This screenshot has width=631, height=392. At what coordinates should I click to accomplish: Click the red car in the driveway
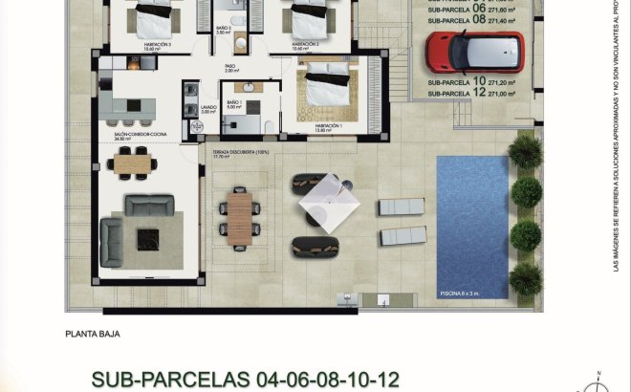[x=475, y=52]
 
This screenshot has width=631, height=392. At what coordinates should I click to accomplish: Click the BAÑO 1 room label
[x=234, y=101]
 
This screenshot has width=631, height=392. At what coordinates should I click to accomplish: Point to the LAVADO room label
[x=207, y=107]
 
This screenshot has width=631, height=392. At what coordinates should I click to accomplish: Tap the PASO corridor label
[x=230, y=66]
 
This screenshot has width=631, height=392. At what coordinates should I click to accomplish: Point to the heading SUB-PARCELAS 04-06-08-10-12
[x=245, y=380]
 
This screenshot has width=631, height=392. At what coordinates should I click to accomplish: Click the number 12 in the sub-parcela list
[x=479, y=92]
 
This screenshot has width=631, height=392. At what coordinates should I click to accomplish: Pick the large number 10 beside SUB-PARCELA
[x=479, y=81]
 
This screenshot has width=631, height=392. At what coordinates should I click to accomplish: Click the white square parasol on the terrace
[x=328, y=201]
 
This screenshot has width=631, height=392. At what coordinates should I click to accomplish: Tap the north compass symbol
[x=599, y=383]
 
